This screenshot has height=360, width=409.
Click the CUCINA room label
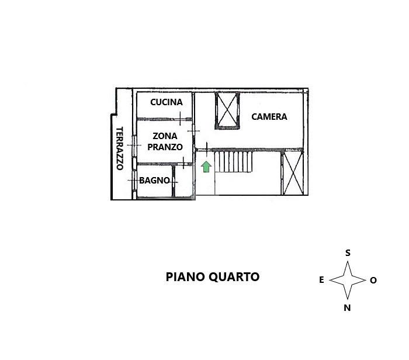[167, 102]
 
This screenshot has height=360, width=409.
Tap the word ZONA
[165, 136]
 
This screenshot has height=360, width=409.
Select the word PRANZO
[165, 147]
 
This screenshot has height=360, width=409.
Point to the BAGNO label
[154, 181]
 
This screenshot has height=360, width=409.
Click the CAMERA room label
[269, 117]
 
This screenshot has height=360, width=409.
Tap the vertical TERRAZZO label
[119, 148]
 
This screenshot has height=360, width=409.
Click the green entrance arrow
[206, 167]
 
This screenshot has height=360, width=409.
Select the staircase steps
[233, 162]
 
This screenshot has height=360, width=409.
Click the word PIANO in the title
[183, 277]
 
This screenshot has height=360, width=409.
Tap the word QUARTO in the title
[232, 277]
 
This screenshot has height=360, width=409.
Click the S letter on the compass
[348, 253]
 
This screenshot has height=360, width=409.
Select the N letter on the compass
[348, 308]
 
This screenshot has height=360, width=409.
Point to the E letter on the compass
[321, 281]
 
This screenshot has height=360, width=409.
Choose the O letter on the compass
[373, 281]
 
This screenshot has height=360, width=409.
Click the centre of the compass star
[348, 281]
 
